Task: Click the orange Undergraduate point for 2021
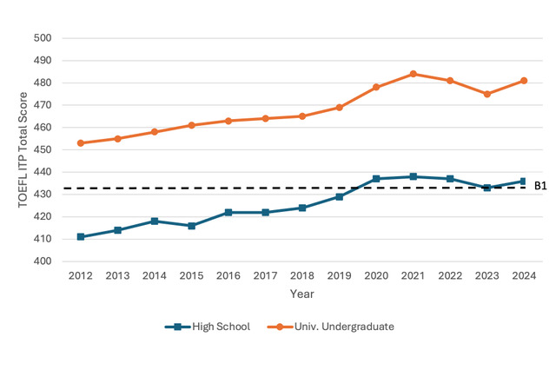[414, 74]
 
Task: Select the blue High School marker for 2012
[81, 237]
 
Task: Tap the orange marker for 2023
[487, 94]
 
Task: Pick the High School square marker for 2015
[191, 226]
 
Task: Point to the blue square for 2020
[376, 179]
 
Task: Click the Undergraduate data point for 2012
[81, 143]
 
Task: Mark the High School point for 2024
[523, 182]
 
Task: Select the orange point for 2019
[340, 108]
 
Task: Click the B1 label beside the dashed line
[540, 186]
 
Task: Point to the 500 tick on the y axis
[43, 38]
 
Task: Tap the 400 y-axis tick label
[43, 261]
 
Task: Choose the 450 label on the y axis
[43, 149]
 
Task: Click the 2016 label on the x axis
[228, 275]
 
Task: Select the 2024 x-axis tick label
[524, 275]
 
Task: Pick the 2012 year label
[81, 275]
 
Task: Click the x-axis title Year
[302, 294]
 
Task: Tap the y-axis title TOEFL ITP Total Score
[23, 150]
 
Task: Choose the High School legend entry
[208, 327]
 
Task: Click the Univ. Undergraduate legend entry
[330, 327]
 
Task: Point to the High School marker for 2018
[302, 208]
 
